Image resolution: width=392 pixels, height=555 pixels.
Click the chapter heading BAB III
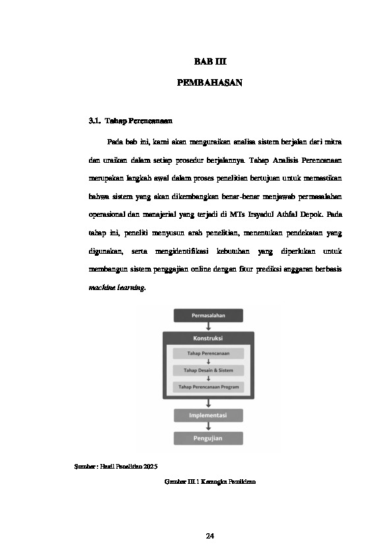pos(210,61)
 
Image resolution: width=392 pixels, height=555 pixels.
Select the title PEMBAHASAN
pos(210,83)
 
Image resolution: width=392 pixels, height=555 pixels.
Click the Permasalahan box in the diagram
pos(208,316)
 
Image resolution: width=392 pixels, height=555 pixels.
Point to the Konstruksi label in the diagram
pos(208,337)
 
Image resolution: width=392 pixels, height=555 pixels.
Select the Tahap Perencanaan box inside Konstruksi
pos(208,354)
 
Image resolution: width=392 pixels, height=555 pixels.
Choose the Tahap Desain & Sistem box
pos(208,370)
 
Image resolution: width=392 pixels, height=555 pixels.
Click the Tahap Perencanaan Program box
pos(208,387)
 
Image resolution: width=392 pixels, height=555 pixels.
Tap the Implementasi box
pos(208,416)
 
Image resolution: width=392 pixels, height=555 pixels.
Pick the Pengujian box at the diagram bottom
pos(208,438)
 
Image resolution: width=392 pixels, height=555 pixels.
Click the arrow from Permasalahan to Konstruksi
pos(208,326)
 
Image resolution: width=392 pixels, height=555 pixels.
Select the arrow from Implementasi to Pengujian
pos(208,426)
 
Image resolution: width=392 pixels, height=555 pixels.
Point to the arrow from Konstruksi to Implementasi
pos(208,403)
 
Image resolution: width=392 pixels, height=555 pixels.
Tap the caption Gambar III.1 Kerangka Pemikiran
pos(210,482)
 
